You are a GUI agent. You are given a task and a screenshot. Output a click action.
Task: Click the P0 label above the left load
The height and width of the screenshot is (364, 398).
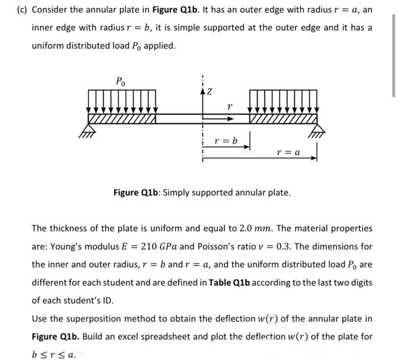click(x=121, y=80)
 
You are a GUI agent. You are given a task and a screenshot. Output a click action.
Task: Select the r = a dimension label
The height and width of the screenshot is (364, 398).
click(x=288, y=152)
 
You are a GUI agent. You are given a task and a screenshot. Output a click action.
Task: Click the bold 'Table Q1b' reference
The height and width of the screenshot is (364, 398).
click(x=233, y=283)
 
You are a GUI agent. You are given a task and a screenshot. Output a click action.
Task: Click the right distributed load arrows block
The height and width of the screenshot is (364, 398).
click(x=283, y=102)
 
